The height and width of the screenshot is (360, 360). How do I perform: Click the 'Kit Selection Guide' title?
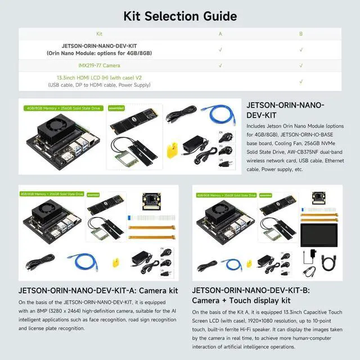[x=180, y=16]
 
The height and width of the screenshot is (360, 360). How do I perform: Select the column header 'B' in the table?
[x=301, y=34]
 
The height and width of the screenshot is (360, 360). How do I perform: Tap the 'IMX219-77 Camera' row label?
[x=99, y=66]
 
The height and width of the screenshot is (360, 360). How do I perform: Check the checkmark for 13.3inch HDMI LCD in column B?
[x=301, y=81]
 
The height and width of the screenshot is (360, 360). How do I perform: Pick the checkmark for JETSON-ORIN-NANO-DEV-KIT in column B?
[x=301, y=49]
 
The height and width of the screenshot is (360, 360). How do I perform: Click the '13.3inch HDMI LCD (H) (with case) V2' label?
[x=99, y=77]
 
